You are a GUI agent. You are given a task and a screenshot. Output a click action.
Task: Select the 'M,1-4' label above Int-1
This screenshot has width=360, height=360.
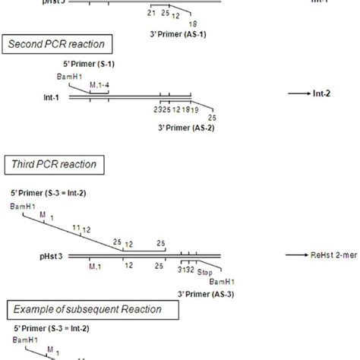coord(99,86)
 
